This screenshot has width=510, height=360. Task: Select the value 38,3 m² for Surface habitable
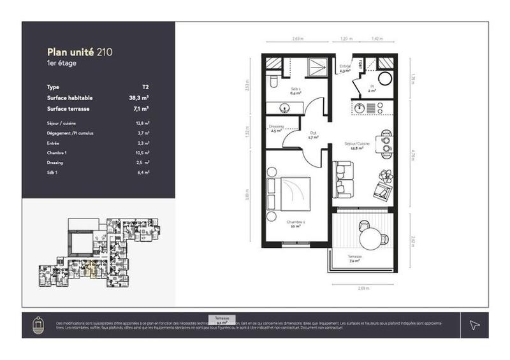click(139, 98)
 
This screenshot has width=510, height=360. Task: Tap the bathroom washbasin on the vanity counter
click(284, 106)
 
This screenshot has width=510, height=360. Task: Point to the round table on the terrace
click(372, 238)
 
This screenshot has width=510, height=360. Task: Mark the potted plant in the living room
click(386, 175)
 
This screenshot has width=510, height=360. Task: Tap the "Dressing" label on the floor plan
click(276, 127)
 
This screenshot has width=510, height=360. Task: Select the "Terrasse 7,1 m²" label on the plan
click(356, 258)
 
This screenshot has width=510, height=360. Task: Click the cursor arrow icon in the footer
click(474, 324)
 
